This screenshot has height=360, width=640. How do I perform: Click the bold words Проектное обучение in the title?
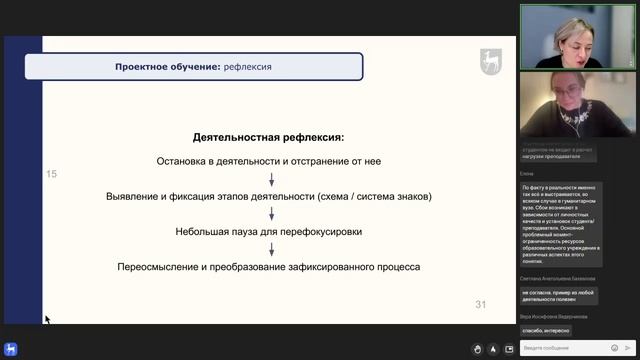tap(167, 67)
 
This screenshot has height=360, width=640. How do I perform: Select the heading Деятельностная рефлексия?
tap(268, 136)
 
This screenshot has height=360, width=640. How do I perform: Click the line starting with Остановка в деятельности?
tap(269, 160)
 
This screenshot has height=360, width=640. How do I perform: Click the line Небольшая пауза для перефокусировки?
tap(269, 231)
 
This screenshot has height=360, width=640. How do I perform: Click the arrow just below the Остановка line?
tap(270, 178)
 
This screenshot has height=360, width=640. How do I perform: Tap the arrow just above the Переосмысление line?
tap(270, 249)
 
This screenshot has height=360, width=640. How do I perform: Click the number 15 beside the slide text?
tap(52, 174)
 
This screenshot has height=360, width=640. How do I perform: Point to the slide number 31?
tap(480, 304)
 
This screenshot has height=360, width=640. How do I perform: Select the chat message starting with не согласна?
tap(559, 295)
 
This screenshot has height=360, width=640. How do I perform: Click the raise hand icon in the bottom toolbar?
tap(478, 349)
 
